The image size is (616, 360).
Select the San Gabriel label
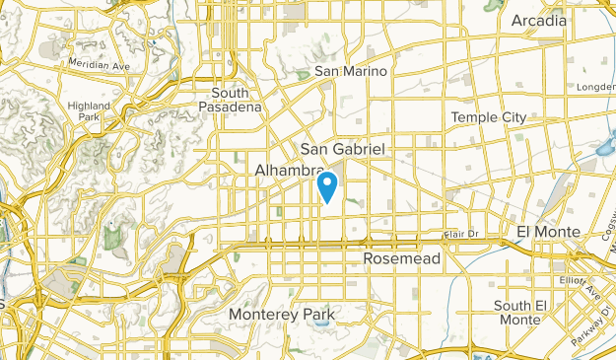[x=343, y=148]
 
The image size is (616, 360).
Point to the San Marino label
[x=352, y=71]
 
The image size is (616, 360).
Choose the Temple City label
[x=489, y=117]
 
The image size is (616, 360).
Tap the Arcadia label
[x=539, y=20]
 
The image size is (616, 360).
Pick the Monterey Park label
[x=282, y=315]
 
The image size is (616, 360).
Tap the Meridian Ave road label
[x=99, y=66]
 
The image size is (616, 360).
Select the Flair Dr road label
[x=460, y=234]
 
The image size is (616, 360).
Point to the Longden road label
[x=596, y=86]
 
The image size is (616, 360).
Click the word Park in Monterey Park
[x=319, y=315]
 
